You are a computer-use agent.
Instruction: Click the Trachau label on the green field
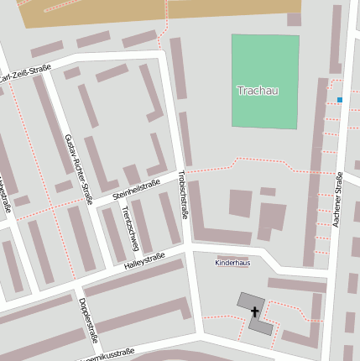(x=257, y=91)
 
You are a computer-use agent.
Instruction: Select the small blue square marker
(x=340, y=100)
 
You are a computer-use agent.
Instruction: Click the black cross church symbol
(x=255, y=312)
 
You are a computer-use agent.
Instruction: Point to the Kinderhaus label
(x=232, y=263)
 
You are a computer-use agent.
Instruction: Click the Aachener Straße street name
(x=339, y=200)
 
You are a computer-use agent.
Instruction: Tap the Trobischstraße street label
(x=183, y=196)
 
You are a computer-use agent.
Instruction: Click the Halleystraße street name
(x=144, y=261)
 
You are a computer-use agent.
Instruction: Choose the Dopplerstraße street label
(x=88, y=320)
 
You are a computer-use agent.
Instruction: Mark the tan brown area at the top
(x=151, y=12)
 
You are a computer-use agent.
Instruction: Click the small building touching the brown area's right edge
(x=294, y=18)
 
